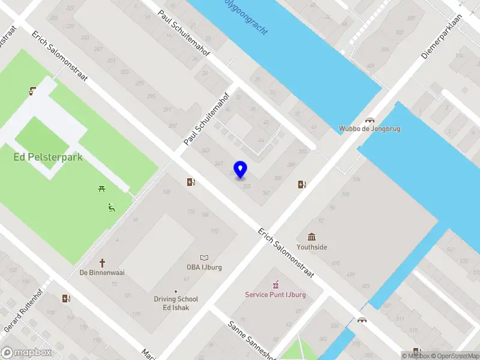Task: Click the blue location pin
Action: [x=241, y=169]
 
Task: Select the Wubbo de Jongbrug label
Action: [x=370, y=128]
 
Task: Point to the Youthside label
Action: [x=312, y=247]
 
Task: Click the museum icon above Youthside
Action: [x=312, y=237]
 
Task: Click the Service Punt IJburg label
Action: [x=275, y=295]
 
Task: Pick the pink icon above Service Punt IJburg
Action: [x=275, y=284]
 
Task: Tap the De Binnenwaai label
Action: [x=102, y=272]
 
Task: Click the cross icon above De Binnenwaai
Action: [x=103, y=262]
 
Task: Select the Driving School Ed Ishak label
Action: [x=176, y=303]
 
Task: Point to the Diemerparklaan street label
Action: [x=443, y=36]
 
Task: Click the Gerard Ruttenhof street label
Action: [x=24, y=312]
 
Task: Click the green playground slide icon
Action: [x=112, y=208]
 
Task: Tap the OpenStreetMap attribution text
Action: [x=452, y=356]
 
